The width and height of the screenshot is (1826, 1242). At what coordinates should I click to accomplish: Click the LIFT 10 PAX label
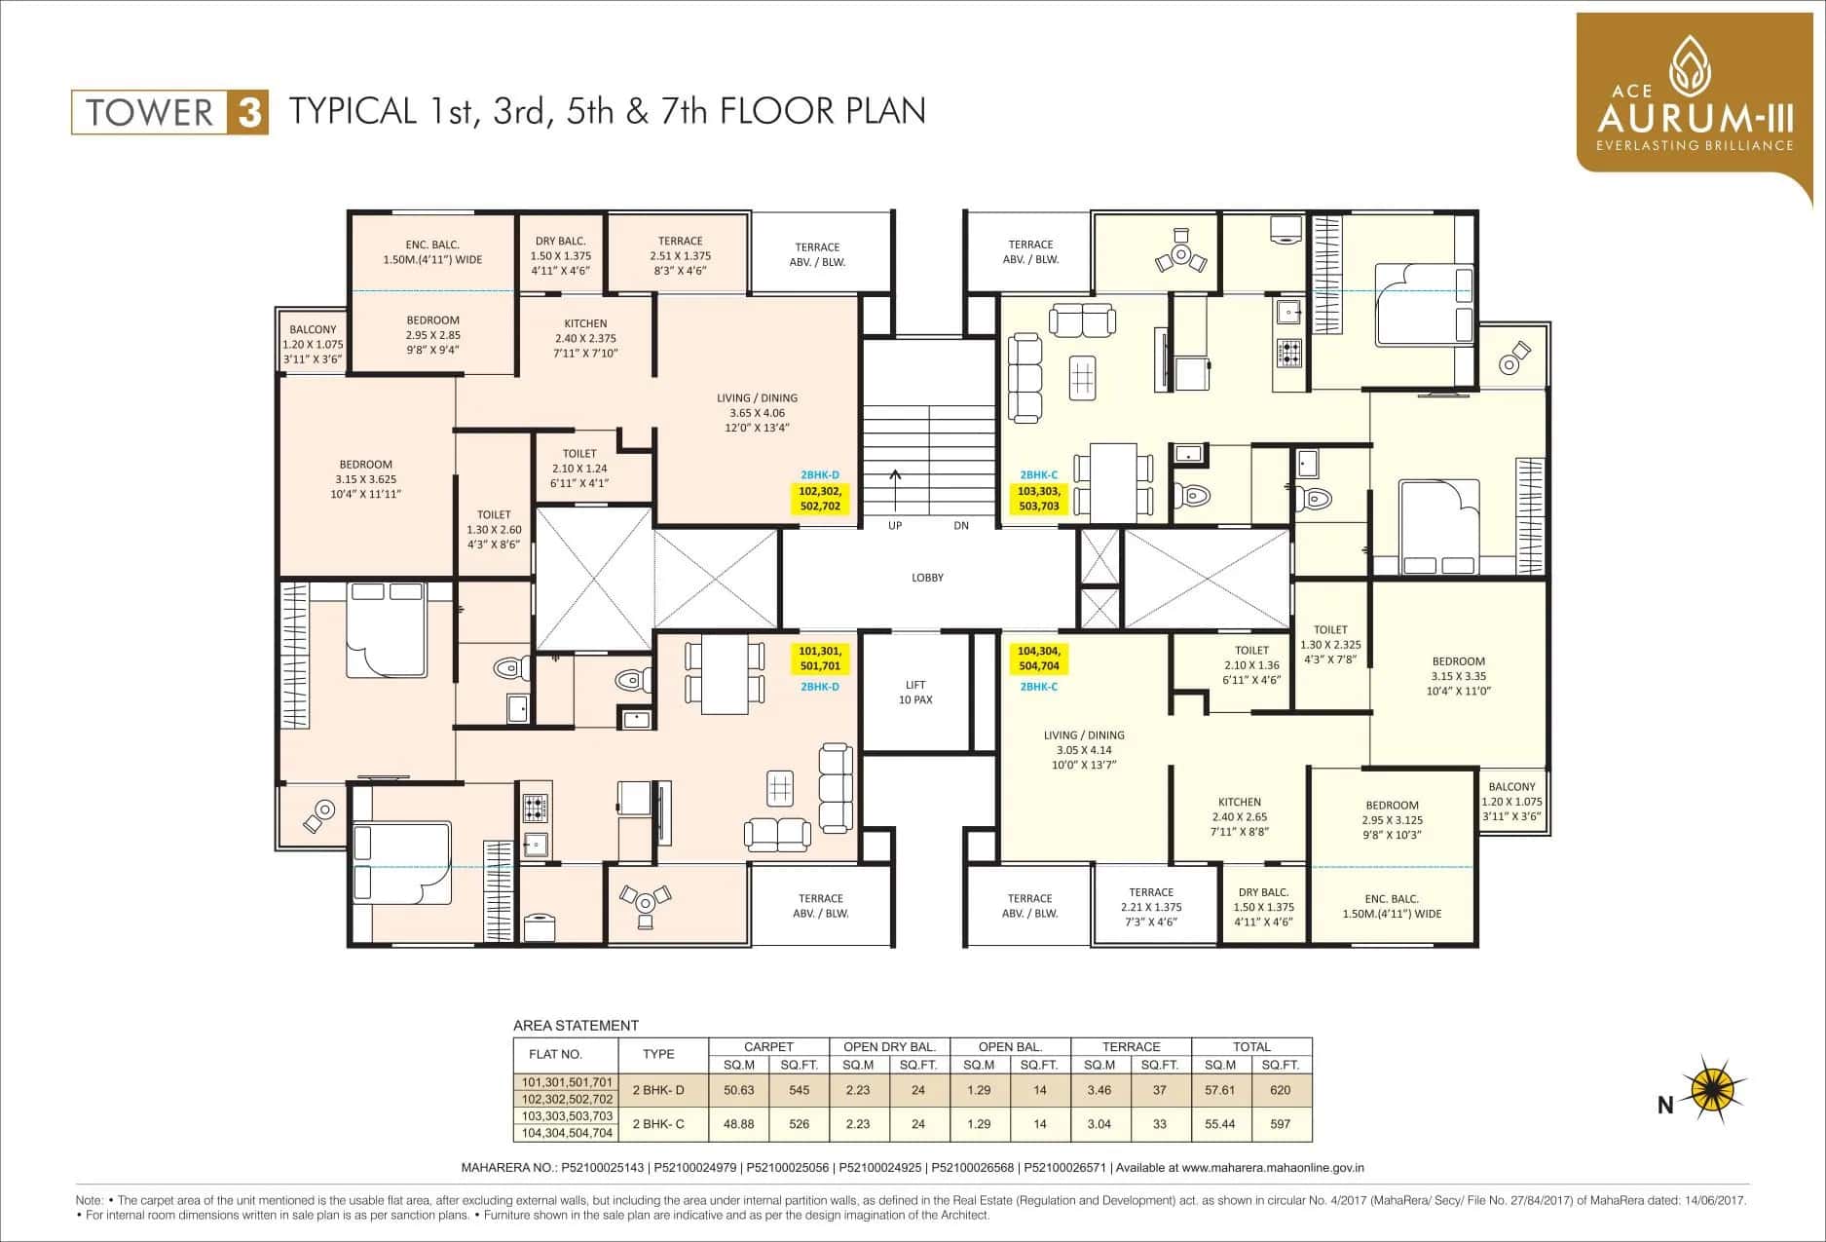[x=914, y=693]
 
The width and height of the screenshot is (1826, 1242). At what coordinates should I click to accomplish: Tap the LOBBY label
[x=927, y=578]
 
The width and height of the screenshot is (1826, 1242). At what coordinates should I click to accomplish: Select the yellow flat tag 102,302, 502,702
[x=820, y=499]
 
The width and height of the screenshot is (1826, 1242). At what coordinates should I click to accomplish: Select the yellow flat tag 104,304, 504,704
[x=1038, y=659]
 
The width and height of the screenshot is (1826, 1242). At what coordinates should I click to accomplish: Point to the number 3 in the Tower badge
[x=249, y=113]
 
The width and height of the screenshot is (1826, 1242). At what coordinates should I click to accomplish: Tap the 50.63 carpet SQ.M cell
[x=739, y=1090]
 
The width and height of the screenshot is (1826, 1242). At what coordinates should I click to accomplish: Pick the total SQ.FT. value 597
[x=1280, y=1124]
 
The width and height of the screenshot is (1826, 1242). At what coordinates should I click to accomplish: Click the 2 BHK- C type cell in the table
[x=658, y=1124]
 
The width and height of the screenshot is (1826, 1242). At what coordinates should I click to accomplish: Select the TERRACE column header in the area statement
[x=1131, y=1046]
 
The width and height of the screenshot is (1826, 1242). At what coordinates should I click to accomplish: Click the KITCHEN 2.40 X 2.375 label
[x=585, y=338]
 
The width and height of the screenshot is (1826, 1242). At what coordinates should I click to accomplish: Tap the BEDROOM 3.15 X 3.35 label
[x=1458, y=676]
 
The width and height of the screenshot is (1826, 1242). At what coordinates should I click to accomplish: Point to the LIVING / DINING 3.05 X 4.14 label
[x=1084, y=750]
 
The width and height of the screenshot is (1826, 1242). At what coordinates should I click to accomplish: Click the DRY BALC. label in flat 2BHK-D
[x=560, y=255]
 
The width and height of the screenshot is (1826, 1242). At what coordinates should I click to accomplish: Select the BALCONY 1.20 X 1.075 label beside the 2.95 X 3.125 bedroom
[x=1511, y=801]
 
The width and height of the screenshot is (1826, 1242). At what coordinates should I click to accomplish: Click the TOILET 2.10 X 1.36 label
[x=1251, y=664]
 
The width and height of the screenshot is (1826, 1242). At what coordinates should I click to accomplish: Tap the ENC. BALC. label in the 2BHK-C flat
[x=1392, y=906]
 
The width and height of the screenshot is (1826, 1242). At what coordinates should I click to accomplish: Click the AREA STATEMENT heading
[x=576, y=1025]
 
